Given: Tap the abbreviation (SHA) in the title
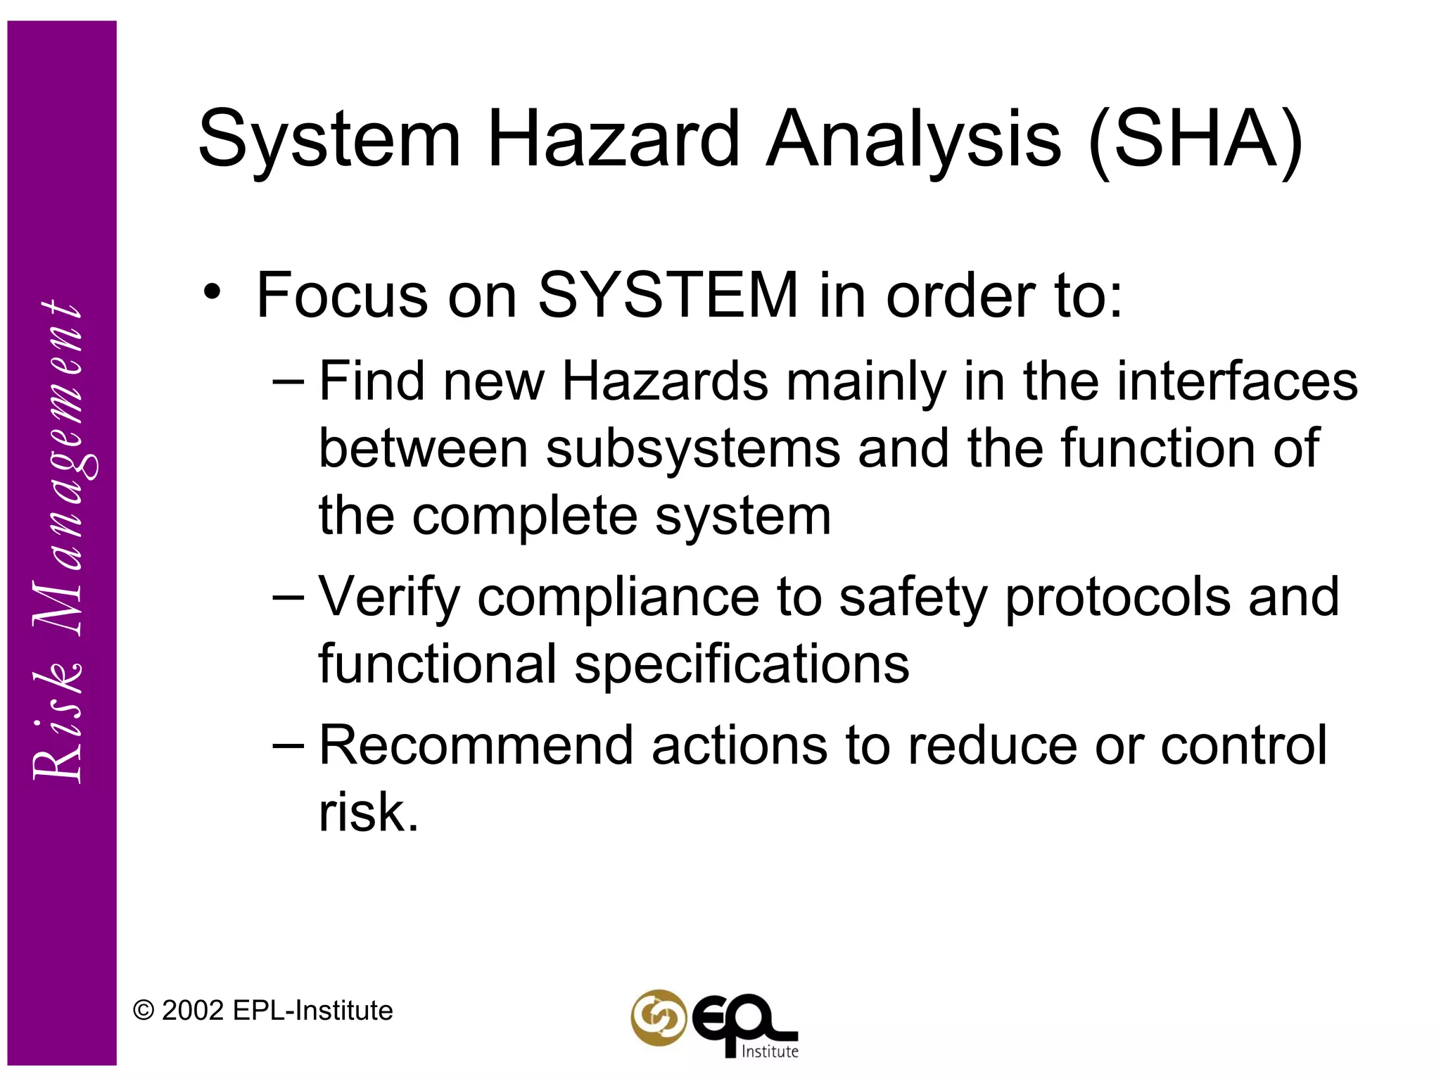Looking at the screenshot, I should (x=1195, y=141).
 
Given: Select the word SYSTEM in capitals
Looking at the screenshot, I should (x=668, y=295).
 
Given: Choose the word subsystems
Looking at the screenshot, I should (x=693, y=448).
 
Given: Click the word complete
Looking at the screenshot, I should (x=525, y=516).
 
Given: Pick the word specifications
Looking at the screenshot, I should (x=742, y=664).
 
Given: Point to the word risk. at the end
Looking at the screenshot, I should (x=369, y=812).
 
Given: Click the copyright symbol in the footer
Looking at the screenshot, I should (x=143, y=1011).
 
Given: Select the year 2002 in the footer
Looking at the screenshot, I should (x=192, y=1011).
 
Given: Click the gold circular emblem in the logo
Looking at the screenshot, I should (x=658, y=1017).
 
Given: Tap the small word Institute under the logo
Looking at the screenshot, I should (x=770, y=1051).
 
